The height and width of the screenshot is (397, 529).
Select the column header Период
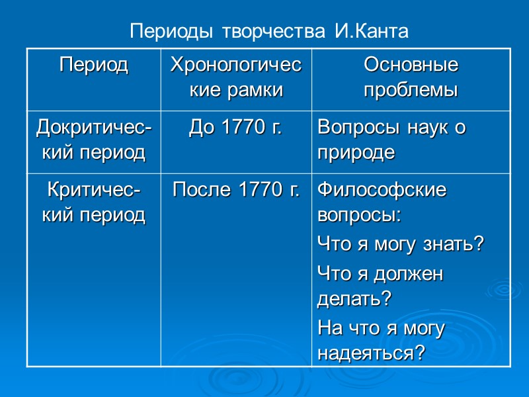coord(93,66)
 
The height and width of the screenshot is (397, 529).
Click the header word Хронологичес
coord(236,66)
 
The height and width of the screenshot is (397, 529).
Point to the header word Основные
coord(411,66)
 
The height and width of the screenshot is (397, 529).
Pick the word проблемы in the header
coord(411,89)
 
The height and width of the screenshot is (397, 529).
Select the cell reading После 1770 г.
coord(235,191)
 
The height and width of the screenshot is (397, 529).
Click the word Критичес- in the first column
coord(93,191)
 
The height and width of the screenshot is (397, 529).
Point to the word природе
coord(356,153)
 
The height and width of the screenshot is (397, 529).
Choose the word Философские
coord(382,191)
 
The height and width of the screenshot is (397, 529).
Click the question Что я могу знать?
coord(401,245)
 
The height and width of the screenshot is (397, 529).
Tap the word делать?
coord(354,298)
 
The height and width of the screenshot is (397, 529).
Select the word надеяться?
coord(371,353)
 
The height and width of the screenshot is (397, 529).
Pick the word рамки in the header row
coord(258,89)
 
